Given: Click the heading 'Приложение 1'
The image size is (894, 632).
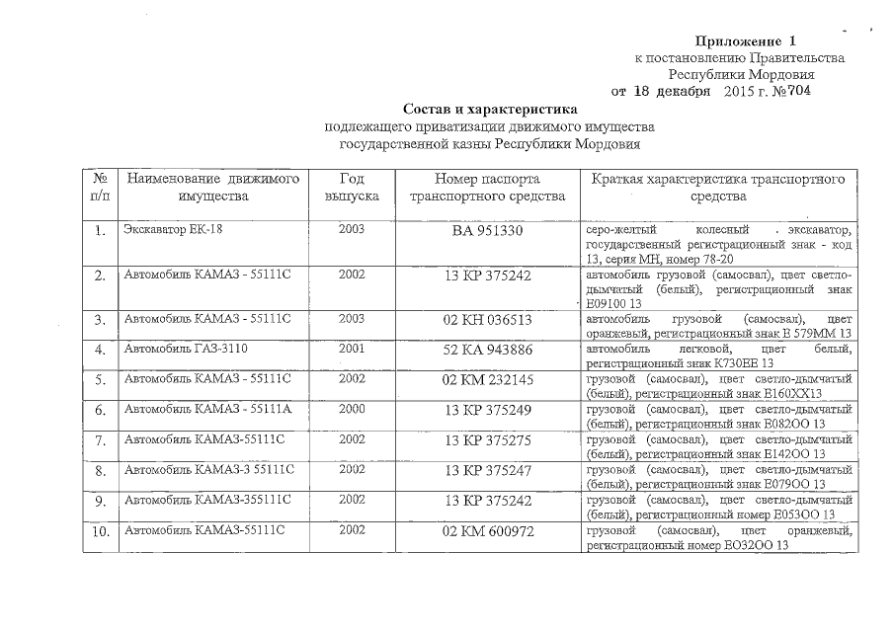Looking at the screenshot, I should [746, 41].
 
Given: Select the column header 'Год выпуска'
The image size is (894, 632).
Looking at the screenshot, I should [352, 188].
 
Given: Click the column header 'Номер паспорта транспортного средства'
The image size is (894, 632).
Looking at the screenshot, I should [488, 188].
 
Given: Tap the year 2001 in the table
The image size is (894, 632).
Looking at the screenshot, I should [352, 349].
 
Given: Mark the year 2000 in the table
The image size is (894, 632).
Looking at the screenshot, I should [352, 408].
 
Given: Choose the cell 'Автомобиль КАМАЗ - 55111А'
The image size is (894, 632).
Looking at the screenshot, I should [204, 408].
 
